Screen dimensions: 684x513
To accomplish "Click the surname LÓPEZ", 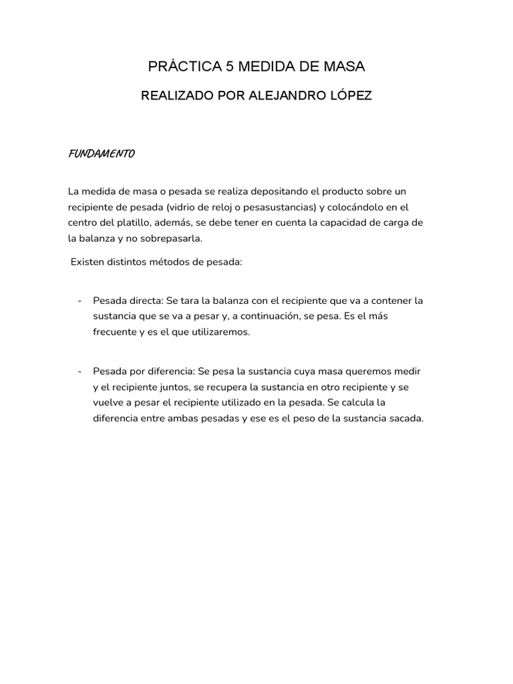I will click(x=348, y=96).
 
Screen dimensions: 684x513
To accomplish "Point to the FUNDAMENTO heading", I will click(x=102, y=154).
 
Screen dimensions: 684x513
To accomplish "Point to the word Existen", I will click(x=87, y=263).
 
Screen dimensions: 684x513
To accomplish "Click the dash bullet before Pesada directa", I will click(x=79, y=301).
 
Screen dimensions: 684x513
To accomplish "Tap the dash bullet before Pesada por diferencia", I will click(x=79, y=371).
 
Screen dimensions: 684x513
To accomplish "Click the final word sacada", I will click(x=405, y=419).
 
